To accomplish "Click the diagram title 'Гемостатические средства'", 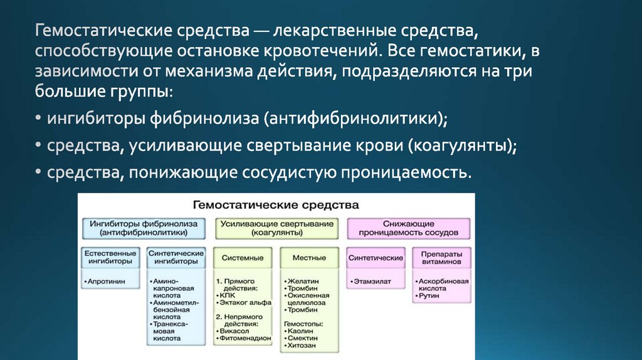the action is pyautogui.click(x=276, y=204).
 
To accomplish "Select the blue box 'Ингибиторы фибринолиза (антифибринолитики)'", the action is pyautogui.click(x=144, y=228).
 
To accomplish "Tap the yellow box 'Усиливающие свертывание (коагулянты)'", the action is pyautogui.click(x=276, y=228).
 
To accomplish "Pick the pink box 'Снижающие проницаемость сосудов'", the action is pyautogui.click(x=408, y=228).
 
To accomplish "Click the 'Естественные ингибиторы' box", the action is pyautogui.click(x=110, y=257).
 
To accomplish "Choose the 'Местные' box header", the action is pyautogui.click(x=309, y=258).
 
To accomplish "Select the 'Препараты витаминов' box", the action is pyautogui.click(x=441, y=257).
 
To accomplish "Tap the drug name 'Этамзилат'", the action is pyautogui.click(x=371, y=282).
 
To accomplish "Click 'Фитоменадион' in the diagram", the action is pyautogui.click(x=245, y=338).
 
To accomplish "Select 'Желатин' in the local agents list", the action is pyautogui.click(x=303, y=282).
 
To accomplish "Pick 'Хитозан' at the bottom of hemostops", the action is pyautogui.click(x=303, y=345).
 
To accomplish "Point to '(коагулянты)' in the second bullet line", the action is pyautogui.click(x=462, y=145).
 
